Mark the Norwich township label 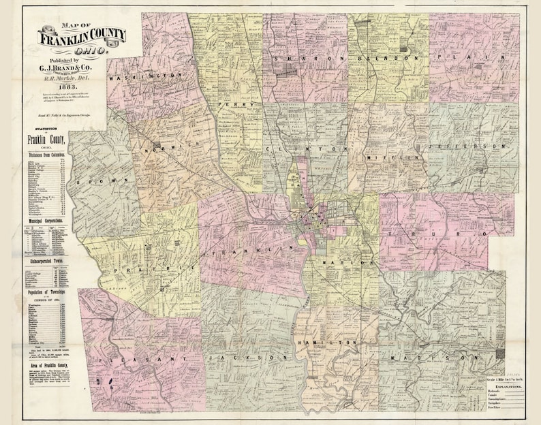[x=168, y=148]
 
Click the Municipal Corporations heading [x=47, y=221]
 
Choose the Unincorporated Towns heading [x=47, y=261]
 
